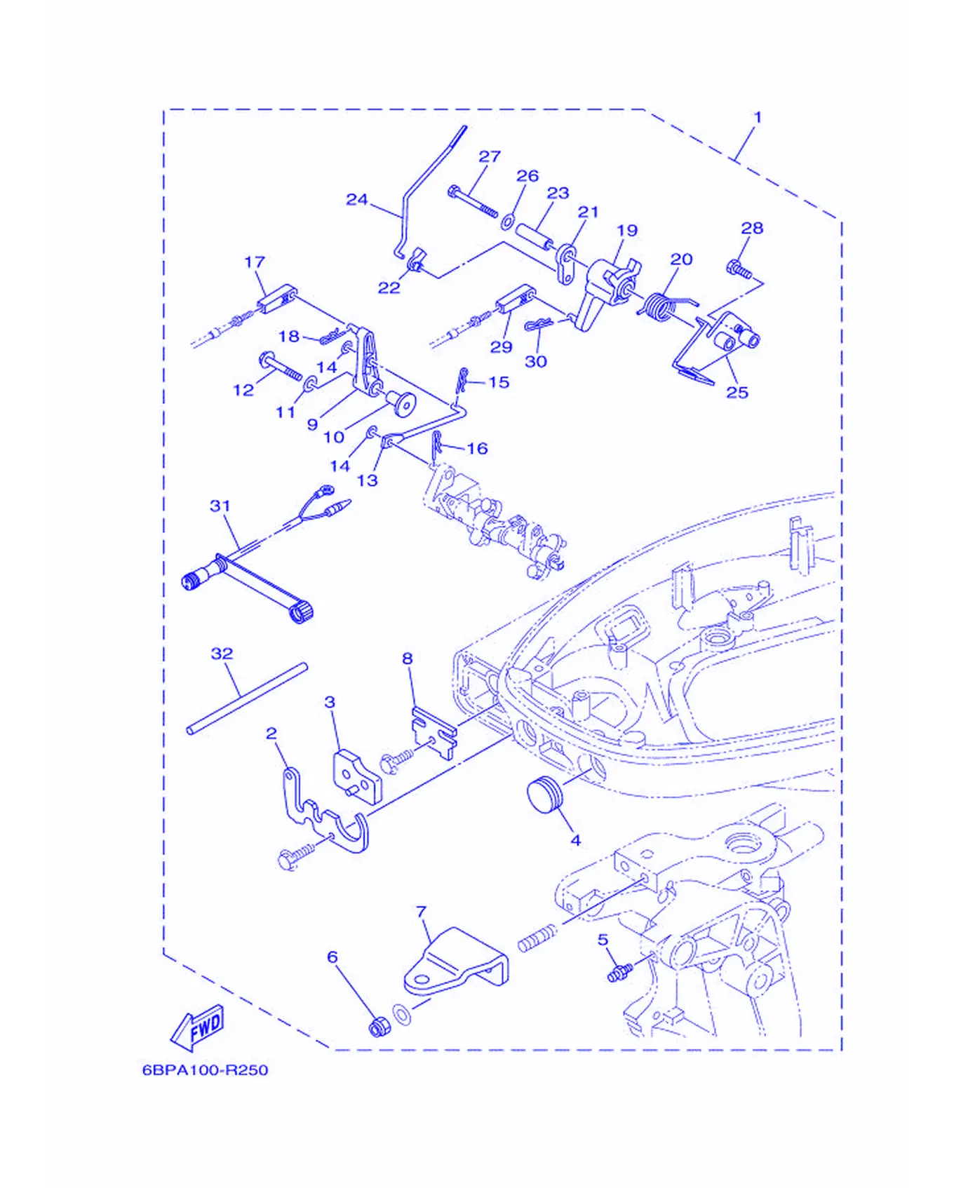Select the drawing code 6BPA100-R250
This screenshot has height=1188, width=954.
pos(205,1070)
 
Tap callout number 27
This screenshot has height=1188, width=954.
pos(490,156)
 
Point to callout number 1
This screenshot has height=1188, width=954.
pos(758,117)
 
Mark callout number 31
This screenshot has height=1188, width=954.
pos(220,506)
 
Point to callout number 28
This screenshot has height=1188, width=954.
pos(752,228)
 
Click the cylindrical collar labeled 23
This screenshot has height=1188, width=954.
pos(535,237)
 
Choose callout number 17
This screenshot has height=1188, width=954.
pos(255,262)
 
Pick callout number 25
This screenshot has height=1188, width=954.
pos(737,392)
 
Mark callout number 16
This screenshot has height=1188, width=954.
pos(477,448)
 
